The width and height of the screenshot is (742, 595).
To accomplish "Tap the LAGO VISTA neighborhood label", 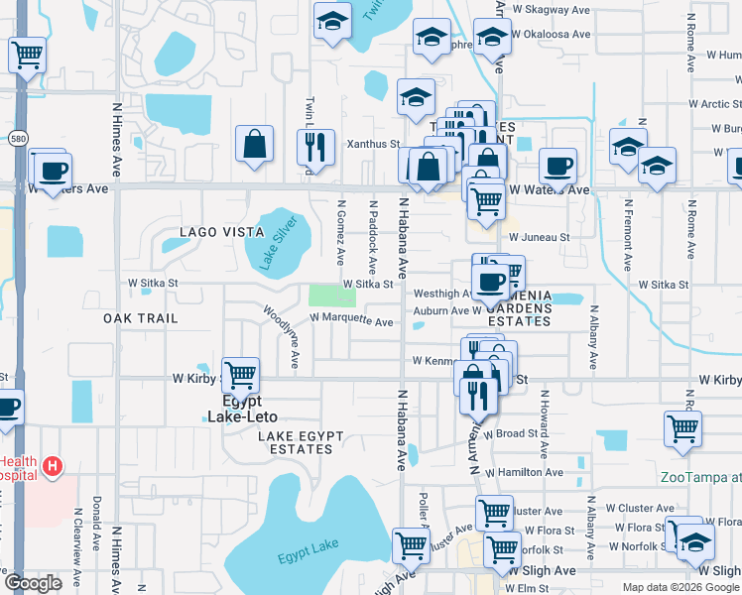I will click(222, 232).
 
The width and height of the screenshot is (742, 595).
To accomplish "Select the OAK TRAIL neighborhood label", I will click(140, 318).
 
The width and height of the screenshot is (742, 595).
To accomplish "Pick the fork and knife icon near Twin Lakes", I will click(315, 148).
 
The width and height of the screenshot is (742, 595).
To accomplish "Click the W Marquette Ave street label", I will click(351, 320).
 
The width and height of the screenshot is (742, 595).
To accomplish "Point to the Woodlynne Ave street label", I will click(281, 336).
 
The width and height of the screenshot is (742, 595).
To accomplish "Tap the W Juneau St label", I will click(539, 237).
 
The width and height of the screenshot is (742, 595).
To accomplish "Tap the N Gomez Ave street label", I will click(340, 232).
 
